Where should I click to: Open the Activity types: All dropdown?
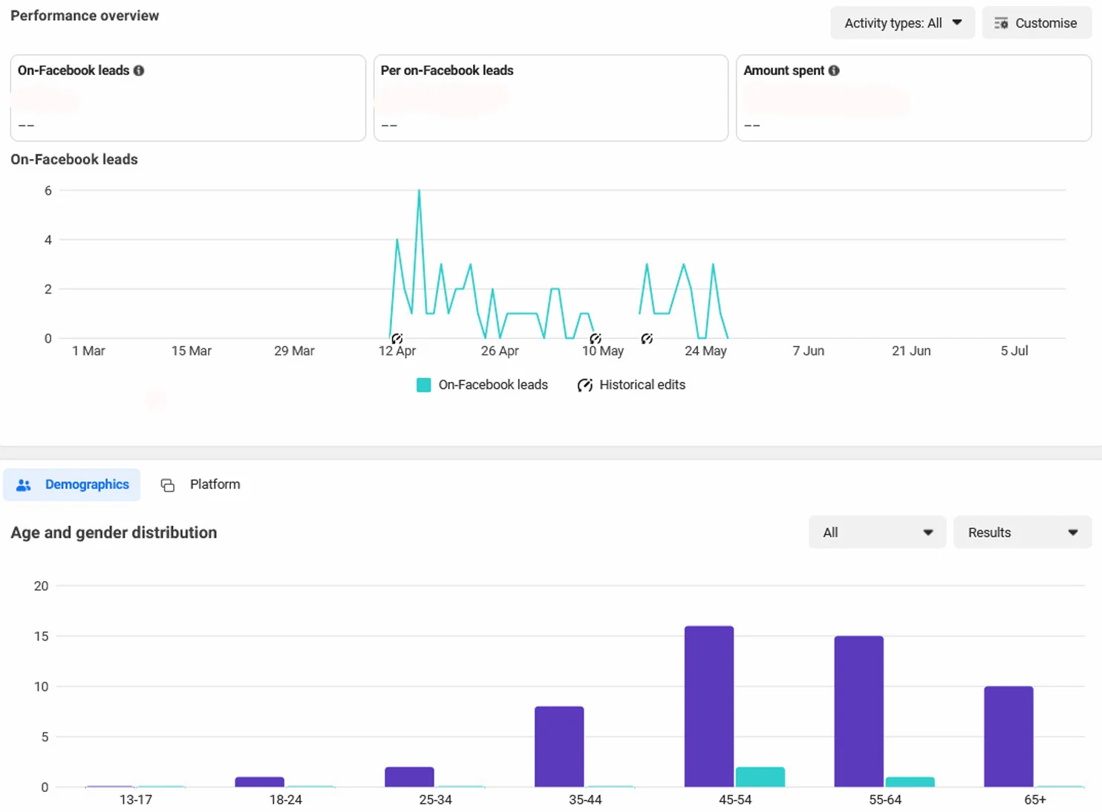tap(902, 22)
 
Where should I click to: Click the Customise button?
tap(1037, 22)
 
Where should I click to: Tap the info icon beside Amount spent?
tap(834, 71)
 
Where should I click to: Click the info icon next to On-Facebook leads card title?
tap(139, 71)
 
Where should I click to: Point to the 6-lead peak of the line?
tap(419, 190)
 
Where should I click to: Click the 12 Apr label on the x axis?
tap(397, 351)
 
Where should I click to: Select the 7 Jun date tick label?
tap(808, 351)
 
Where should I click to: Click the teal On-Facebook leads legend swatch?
tap(423, 385)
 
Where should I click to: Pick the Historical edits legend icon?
tap(585, 385)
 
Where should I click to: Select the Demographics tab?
tap(72, 484)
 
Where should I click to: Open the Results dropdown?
tap(1023, 532)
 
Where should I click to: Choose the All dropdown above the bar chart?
tap(877, 532)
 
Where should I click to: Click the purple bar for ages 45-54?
tap(709, 707)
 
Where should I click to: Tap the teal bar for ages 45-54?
tap(760, 777)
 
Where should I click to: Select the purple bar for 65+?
tap(1008, 737)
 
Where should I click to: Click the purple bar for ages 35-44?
tap(559, 747)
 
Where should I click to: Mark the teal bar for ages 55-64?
tap(910, 782)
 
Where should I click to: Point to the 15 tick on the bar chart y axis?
tap(42, 637)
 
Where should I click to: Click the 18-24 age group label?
tap(285, 799)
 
